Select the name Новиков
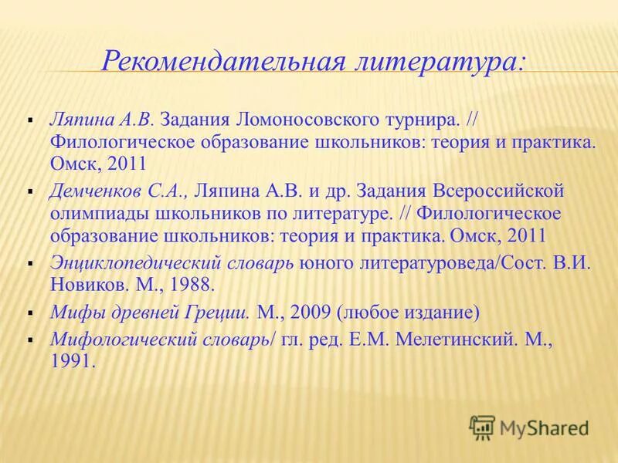(83, 285)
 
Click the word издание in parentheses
(445, 313)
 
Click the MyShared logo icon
(482, 426)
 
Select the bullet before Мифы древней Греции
(29, 315)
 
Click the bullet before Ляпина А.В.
(29, 122)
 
